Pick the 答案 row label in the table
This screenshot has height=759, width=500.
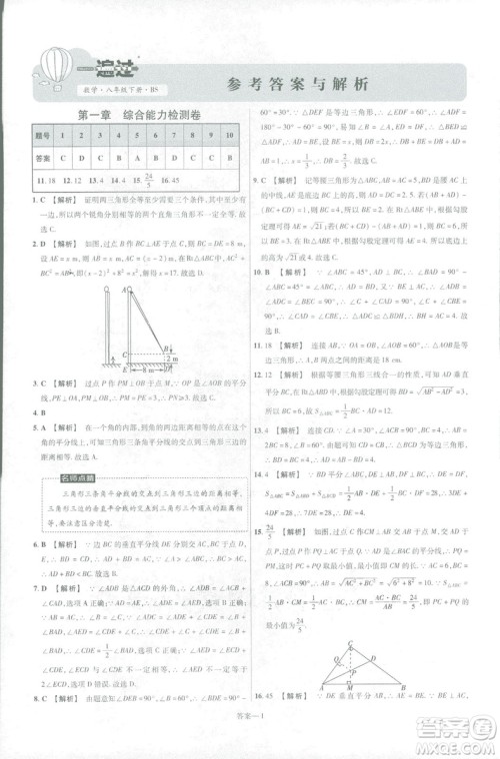pyautogui.click(x=42, y=158)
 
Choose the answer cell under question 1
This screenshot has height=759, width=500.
pyautogui.click(x=64, y=158)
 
